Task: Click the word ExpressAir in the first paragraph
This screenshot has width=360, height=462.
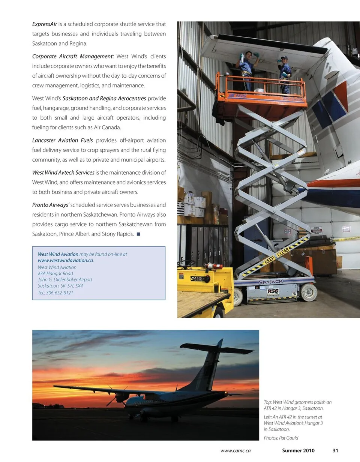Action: (x=45, y=24)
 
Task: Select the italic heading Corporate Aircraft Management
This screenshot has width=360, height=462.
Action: (x=73, y=56)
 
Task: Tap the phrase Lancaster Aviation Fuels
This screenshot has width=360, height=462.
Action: (x=62, y=140)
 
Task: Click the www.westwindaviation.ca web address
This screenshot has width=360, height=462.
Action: (x=66, y=260)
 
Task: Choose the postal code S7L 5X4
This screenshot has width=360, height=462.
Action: (x=75, y=286)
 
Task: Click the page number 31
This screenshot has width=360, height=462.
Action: (x=335, y=450)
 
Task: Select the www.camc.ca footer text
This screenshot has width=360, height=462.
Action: (x=235, y=450)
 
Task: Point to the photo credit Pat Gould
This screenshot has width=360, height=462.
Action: (x=289, y=438)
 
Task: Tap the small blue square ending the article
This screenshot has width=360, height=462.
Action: (x=138, y=234)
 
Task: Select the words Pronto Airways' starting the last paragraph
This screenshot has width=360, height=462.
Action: (x=51, y=205)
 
